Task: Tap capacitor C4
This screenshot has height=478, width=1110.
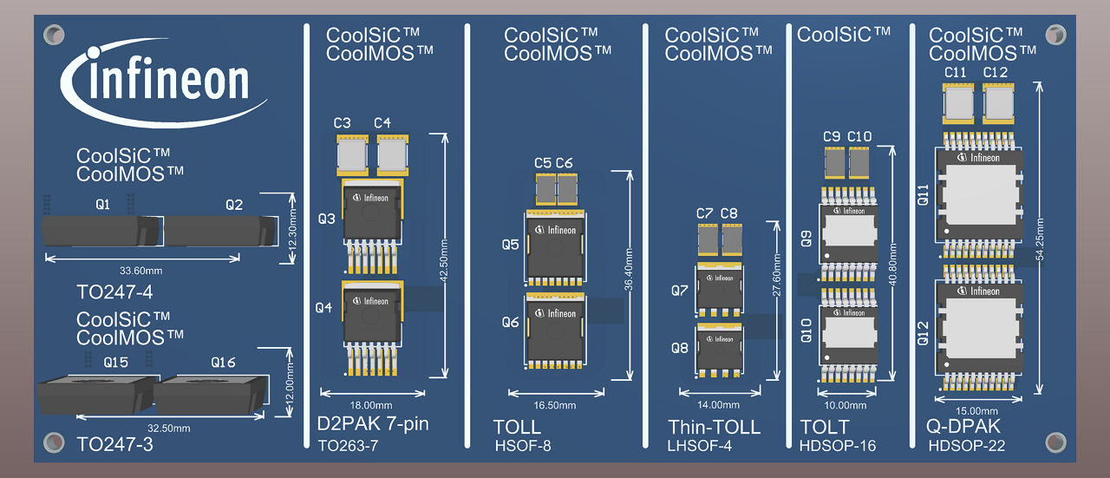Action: coord(393,156)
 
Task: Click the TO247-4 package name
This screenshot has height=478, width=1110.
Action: coord(114,291)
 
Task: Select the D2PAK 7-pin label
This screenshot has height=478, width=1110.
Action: coord(373,425)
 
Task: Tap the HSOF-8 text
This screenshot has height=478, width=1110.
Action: coord(522,447)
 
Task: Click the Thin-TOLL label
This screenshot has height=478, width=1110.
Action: coord(714,427)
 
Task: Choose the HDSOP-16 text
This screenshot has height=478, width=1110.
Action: coord(837,446)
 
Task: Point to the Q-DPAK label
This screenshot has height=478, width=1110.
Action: coord(964,427)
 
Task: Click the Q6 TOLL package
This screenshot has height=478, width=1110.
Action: coord(552,330)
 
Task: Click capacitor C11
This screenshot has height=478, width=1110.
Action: coord(957,103)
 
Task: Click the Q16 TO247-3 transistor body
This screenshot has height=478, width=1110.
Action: coord(206,396)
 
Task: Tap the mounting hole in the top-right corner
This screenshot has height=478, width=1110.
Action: coord(1054,35)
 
